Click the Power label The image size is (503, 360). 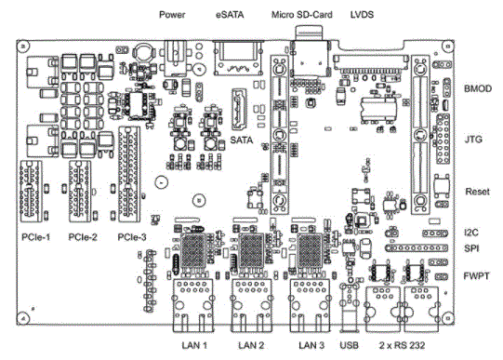172,15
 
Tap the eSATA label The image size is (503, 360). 230,15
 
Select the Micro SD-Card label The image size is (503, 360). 302,15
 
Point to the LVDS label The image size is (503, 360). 362,15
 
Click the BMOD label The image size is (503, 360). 478,88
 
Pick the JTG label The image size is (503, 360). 473,140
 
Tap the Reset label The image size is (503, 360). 477,192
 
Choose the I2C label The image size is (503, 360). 470,233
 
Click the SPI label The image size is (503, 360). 471,248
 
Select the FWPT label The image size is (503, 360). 476,276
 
